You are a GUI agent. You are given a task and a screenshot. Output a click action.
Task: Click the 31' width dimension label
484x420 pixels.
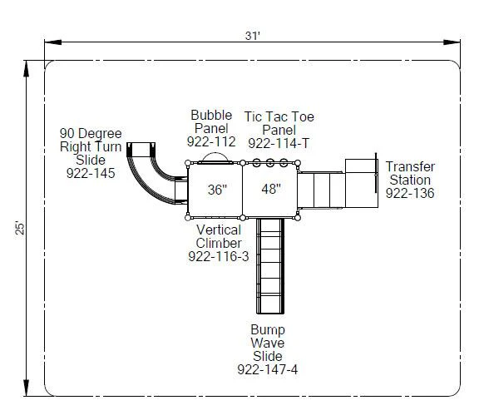pos(253,36)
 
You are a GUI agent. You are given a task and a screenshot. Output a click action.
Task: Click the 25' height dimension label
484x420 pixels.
pos(20,228)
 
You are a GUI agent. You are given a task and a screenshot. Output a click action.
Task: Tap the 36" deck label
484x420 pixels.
pos(217,190)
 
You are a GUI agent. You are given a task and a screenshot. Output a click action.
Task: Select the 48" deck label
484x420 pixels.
pos(271,189)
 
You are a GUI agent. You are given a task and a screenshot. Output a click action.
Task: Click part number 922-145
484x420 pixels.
pos(91,173)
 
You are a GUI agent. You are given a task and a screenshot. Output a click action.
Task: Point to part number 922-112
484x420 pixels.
pos(211,141)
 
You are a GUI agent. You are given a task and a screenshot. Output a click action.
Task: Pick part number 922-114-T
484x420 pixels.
pos(279,143)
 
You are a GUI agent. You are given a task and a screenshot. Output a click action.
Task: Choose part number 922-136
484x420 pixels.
pos(410,193)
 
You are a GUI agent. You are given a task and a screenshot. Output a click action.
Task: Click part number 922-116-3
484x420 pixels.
pos(219,256)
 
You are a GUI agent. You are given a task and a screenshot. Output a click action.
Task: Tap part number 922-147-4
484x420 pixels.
pos(267,369)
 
